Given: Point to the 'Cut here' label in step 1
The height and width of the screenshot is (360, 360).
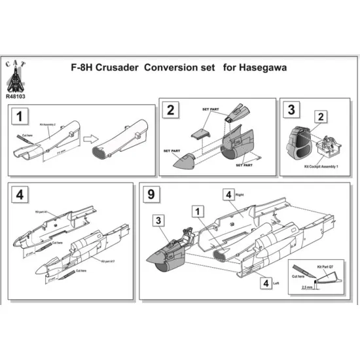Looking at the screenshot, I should click(x=27, y=134).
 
